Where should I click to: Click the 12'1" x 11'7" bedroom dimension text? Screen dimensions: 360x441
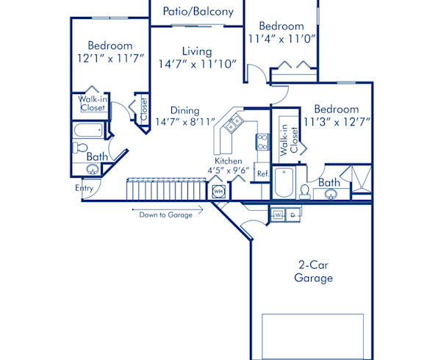(110, 58)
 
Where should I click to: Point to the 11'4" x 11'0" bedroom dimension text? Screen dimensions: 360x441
(282, 39)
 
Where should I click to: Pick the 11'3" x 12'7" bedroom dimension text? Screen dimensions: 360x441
(339, 122)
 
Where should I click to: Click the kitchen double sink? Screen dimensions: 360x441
(234, 125)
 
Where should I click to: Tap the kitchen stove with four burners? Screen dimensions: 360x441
(262, 138)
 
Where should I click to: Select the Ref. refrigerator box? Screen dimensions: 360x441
(262, 173)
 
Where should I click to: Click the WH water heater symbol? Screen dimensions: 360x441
(218, 192)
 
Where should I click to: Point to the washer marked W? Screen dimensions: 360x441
(278, 215)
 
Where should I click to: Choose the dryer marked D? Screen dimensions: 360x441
(292, 215)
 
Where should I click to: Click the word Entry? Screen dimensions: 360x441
(85, 188)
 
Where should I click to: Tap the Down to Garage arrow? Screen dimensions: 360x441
(166, 215)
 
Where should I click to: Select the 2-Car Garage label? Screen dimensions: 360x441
(313, 272)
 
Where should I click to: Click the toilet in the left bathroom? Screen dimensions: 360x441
(81, 148)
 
